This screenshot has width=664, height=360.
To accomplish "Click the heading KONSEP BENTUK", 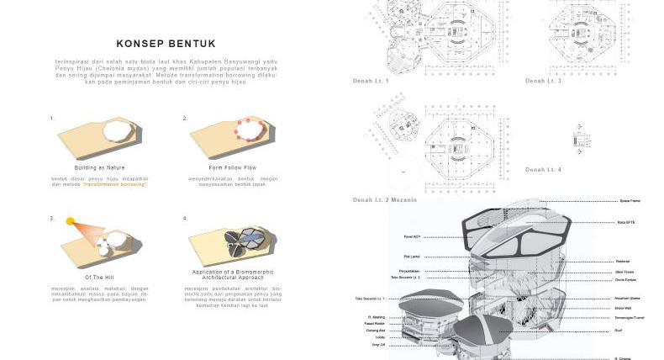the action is (166, 44).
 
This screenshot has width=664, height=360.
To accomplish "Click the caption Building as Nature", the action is (99, 167).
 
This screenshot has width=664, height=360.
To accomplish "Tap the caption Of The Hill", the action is (99, 277).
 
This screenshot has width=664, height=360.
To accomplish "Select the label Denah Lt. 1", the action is (371, 81).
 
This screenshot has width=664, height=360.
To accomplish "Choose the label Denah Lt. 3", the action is (543, 81).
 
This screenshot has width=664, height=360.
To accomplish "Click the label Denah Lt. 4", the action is (543, 170).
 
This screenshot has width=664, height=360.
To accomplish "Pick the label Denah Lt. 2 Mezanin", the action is (384, 199).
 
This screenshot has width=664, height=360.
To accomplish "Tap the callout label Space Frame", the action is (630, 201).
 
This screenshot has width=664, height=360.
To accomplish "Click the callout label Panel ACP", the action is (412, 236).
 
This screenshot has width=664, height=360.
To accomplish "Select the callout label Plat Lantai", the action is (412, 256).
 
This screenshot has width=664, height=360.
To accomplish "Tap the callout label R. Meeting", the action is (376, 317).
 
